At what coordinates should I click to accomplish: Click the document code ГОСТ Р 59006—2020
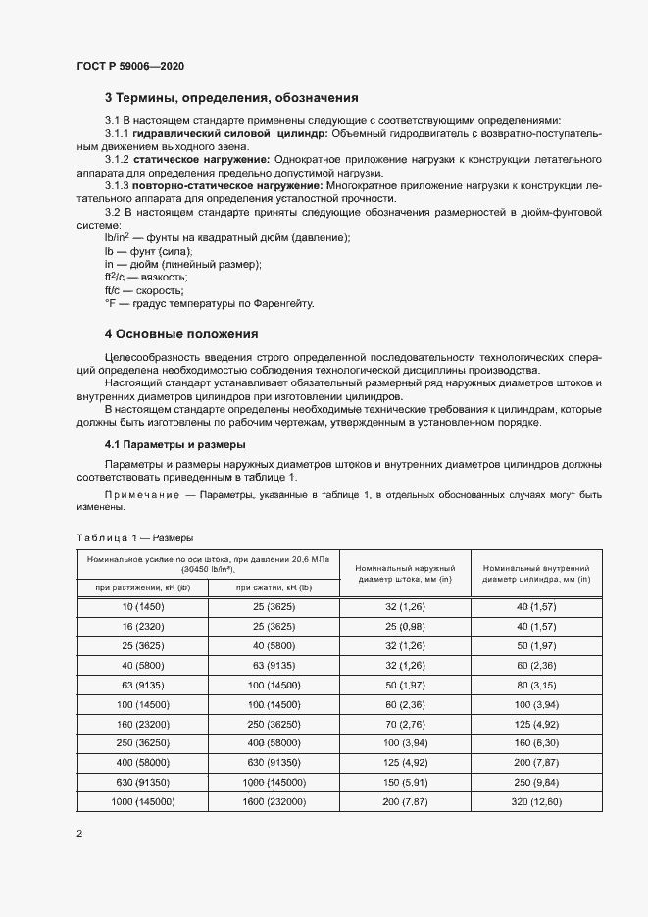(x=129, y=66)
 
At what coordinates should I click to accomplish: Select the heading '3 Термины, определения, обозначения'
(x=231, y=98)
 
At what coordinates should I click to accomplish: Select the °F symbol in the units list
(x=110, y=303)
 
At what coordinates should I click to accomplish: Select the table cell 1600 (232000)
(x=274, y=801)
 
